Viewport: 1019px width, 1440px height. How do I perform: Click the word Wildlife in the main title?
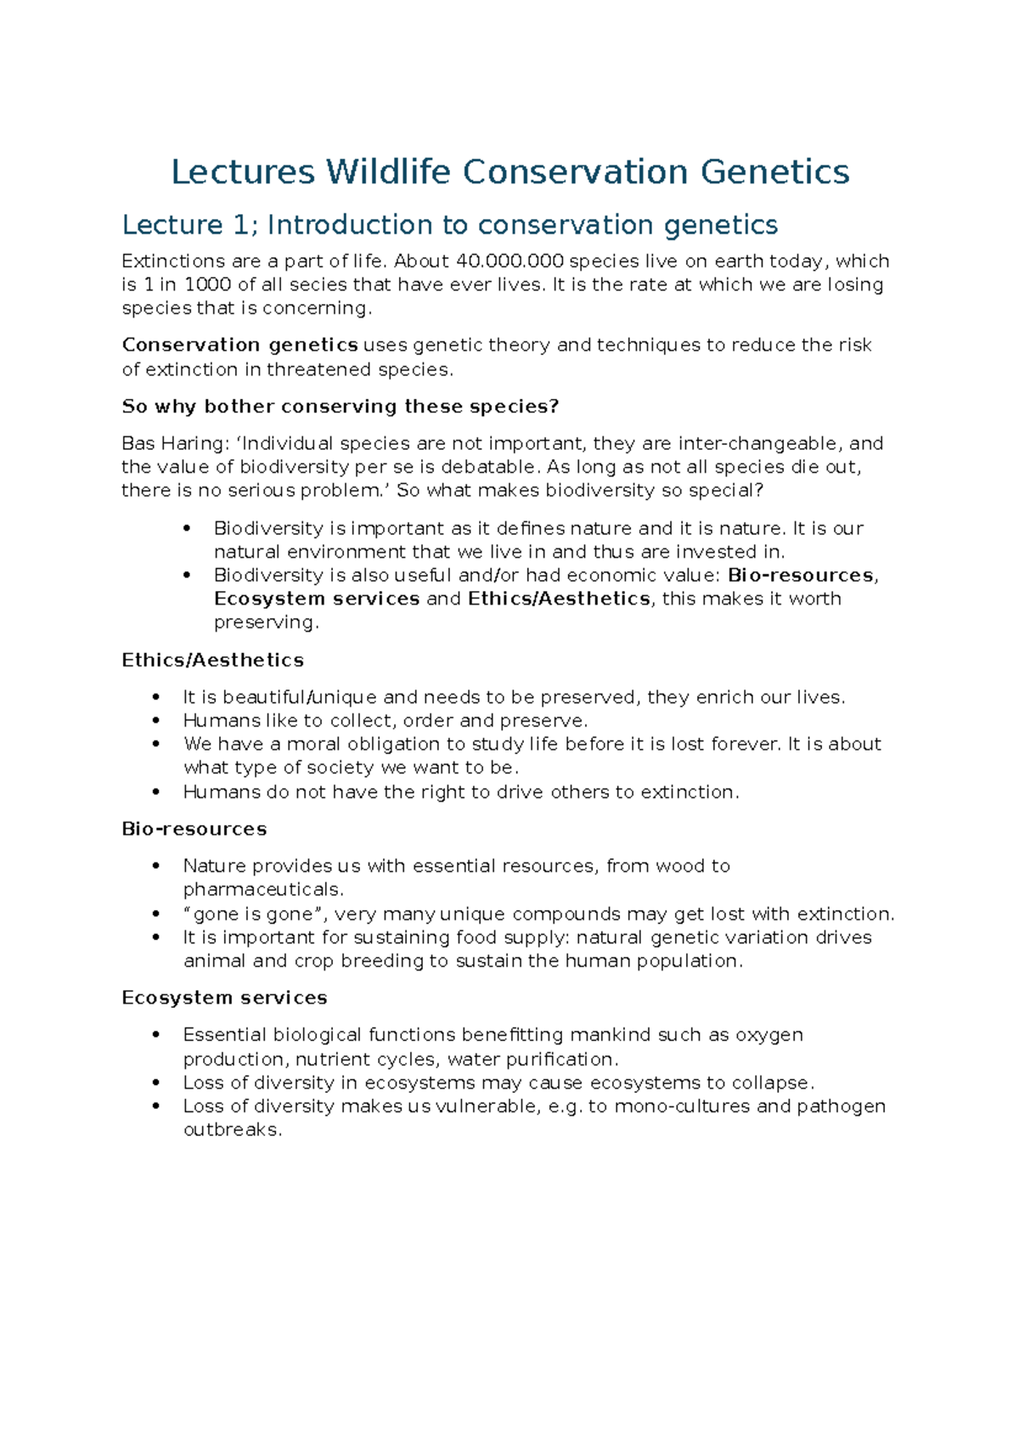(388, 172)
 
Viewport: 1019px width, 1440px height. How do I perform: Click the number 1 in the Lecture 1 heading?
(239, 225)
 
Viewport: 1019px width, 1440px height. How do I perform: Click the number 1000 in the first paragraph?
(208, 284)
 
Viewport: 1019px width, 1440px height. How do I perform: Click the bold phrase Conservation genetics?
(239, 346)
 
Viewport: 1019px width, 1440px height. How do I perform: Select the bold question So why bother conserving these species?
(341, 407)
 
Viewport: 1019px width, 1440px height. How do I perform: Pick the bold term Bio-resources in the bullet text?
(801, 576)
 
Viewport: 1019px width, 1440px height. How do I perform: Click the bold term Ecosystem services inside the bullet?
(317, 599)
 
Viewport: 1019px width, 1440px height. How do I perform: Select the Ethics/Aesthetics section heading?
(212, 661)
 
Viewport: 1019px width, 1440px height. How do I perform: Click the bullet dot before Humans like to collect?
(155, 721)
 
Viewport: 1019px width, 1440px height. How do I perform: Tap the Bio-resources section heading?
(194, 830)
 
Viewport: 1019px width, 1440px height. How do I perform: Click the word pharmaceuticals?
(262, 890)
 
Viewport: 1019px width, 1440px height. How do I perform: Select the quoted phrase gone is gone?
(253, 914)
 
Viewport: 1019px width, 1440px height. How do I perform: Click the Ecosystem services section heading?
(224, 998)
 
